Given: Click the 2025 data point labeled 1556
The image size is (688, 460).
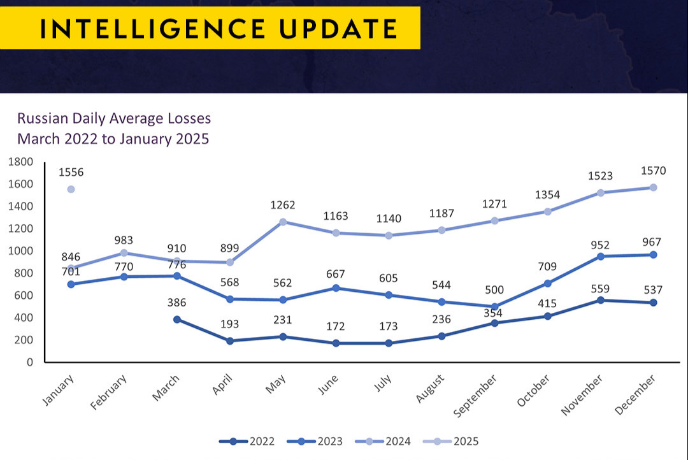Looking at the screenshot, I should pos(71,189).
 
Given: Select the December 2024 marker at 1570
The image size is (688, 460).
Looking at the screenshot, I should pos(653,187).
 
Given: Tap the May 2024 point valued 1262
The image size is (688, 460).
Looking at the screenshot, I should pos(283,222).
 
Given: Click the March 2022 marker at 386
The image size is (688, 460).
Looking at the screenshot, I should pos(177,319).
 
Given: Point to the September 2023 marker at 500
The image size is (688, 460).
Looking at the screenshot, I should pos(494,306).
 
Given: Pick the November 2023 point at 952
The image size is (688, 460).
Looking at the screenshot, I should pos(600,256).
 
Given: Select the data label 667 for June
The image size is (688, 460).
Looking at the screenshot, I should pos(336,274).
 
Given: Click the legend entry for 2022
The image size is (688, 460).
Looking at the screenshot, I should pos(247,441).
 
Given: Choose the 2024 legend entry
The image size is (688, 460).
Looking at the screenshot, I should pos(383,441).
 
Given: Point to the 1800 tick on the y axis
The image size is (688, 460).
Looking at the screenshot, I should pos(20,162).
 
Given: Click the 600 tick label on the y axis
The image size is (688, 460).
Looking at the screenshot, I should pos(24,296).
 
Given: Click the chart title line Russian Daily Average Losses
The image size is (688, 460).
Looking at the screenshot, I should pos(113,119).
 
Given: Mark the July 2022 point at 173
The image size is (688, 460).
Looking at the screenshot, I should pos(389,343).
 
